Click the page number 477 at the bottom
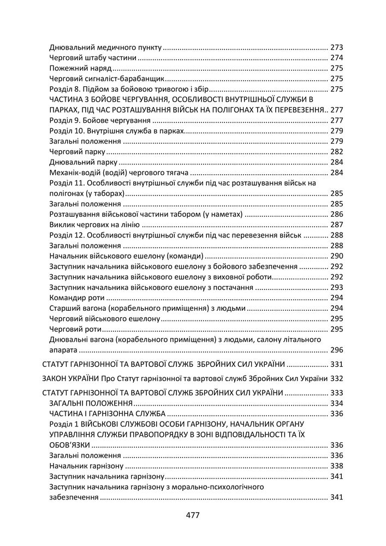tap(193, 515)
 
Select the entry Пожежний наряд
tap(80, 68)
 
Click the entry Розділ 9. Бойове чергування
tap(100, 120)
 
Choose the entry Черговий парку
tap(77, 152)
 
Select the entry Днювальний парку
tap(83, 162)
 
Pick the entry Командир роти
tap(76, 298)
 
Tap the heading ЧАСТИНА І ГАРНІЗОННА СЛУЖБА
tap(108, 413)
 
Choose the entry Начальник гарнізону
tap(86, 466)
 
